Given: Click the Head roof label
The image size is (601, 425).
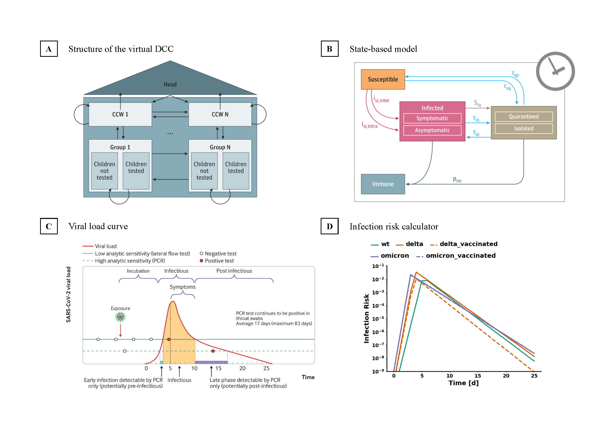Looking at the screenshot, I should click(x=170, y=84).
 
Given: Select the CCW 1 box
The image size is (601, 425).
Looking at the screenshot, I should click(x=120, y=114).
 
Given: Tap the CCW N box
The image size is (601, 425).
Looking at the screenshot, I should click(x=220, y=114).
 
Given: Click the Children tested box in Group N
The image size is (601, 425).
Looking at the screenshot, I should click(x=236, y=170).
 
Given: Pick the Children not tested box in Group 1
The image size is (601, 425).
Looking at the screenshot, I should click(x=104, y=170).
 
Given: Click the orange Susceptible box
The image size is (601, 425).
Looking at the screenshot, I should click(x=383, y=79).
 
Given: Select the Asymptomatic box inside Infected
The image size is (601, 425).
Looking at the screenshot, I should click(x=432, y=130).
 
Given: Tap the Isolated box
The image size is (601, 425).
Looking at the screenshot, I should click(x=523, y=128).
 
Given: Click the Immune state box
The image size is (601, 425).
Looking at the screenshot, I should click(x=383, y=184).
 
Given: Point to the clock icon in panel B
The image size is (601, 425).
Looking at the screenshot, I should click(x=555, y=71).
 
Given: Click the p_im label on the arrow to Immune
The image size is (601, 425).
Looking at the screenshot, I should click(x=457, y=180).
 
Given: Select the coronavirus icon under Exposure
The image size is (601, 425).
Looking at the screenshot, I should click(x=120, y=317).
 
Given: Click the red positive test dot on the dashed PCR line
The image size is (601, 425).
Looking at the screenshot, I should click(x=213, y=351).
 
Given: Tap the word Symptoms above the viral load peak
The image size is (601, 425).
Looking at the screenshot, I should click(x=182, y=287).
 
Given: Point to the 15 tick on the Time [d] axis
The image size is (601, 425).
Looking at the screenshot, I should click(x=477, y=376).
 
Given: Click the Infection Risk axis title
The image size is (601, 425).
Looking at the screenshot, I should click(x=366, y=318).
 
